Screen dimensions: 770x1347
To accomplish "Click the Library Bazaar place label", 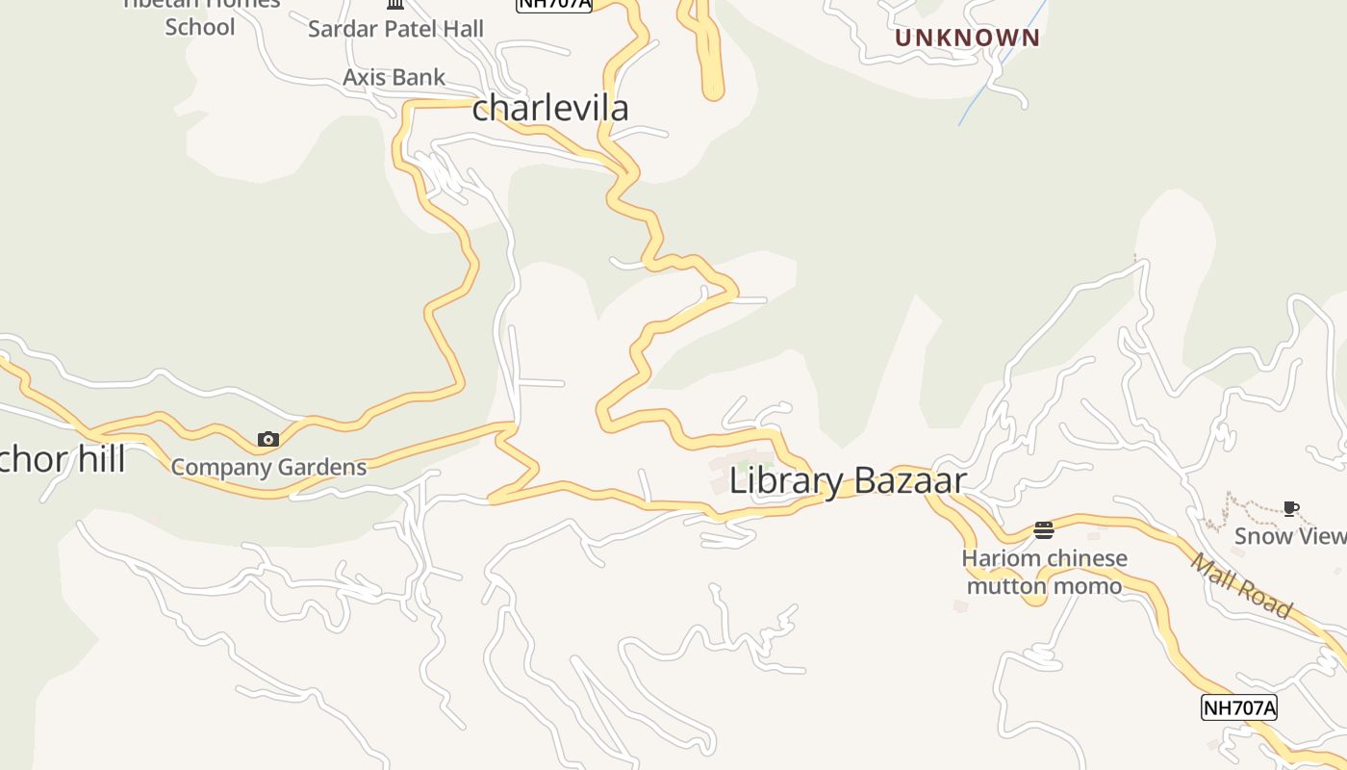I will [x=848, y=479].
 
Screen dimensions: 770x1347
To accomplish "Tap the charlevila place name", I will [x=550, y=107].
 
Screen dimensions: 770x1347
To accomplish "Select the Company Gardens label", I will [x=269, y=468].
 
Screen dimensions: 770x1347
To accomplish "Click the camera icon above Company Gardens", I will [x=268, y=440].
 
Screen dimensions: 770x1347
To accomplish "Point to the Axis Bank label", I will [x=394, y=77].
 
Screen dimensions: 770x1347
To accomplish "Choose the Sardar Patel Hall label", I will [x=395, y=29].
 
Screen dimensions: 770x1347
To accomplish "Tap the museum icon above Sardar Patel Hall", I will [x=395, y=4].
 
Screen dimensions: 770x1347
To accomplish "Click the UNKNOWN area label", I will [x=967, y=38].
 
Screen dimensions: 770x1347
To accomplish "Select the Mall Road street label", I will [x=1242, y=585].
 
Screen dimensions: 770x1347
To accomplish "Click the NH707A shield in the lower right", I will [x=1239, y=707].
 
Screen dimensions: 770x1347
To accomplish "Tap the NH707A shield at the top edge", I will [x=554, y=4].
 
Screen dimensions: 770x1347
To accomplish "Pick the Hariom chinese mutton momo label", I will [x=1044, y=572].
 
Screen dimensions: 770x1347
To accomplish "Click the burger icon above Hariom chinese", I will [x=1044, y=529].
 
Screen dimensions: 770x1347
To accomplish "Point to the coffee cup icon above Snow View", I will [x=1291, y=508].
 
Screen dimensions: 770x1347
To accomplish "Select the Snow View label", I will [x=1290, y=536].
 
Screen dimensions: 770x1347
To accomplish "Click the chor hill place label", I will [x=63, y=459].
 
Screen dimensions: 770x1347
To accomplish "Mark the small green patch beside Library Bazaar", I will [x=766, y=469].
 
